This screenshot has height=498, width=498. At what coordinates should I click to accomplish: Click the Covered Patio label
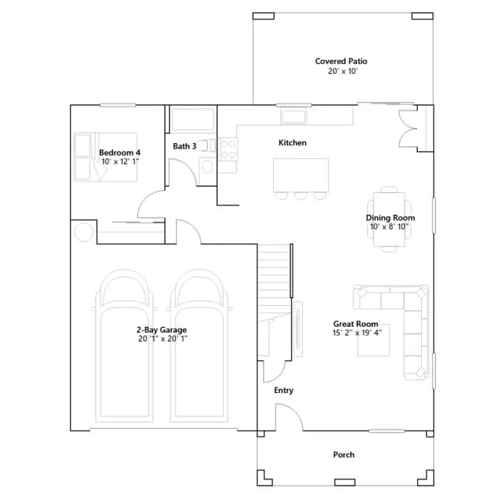tap(341, 61)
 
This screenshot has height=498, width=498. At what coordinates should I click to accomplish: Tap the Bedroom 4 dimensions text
tap(120, 162)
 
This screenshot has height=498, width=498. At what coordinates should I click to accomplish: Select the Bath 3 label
tap(184, 146)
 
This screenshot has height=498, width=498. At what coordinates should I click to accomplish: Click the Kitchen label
tap(293, 142)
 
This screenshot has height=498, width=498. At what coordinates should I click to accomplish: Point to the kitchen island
tap(301, 175)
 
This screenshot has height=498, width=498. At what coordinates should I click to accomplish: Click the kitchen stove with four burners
tap(228, 149)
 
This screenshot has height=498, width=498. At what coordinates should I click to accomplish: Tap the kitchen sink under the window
tap(293, 116)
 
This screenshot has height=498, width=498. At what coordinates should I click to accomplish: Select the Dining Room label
tap(391, 218)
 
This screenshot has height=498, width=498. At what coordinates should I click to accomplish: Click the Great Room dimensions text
tap(357, 333)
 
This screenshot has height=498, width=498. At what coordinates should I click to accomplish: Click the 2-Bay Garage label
tap(162, 330)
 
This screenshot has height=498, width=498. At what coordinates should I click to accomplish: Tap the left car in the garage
tap(124, 345)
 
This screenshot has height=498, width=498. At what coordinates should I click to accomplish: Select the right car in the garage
tap(199, 345)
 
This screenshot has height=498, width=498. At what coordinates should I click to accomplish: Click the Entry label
tap(283, 391)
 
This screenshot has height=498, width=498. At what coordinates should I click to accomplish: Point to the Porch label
tap(344, 454)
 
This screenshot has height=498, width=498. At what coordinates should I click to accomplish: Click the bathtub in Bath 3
tap(193, 119)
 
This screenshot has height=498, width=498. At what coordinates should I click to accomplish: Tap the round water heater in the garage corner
tap(83, 232)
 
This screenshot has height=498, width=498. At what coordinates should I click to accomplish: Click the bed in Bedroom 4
tap(106, 157)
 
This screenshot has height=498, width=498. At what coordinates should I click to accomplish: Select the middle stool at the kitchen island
tap(300, 196)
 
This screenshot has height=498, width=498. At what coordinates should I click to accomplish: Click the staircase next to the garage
tap(275, 302)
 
